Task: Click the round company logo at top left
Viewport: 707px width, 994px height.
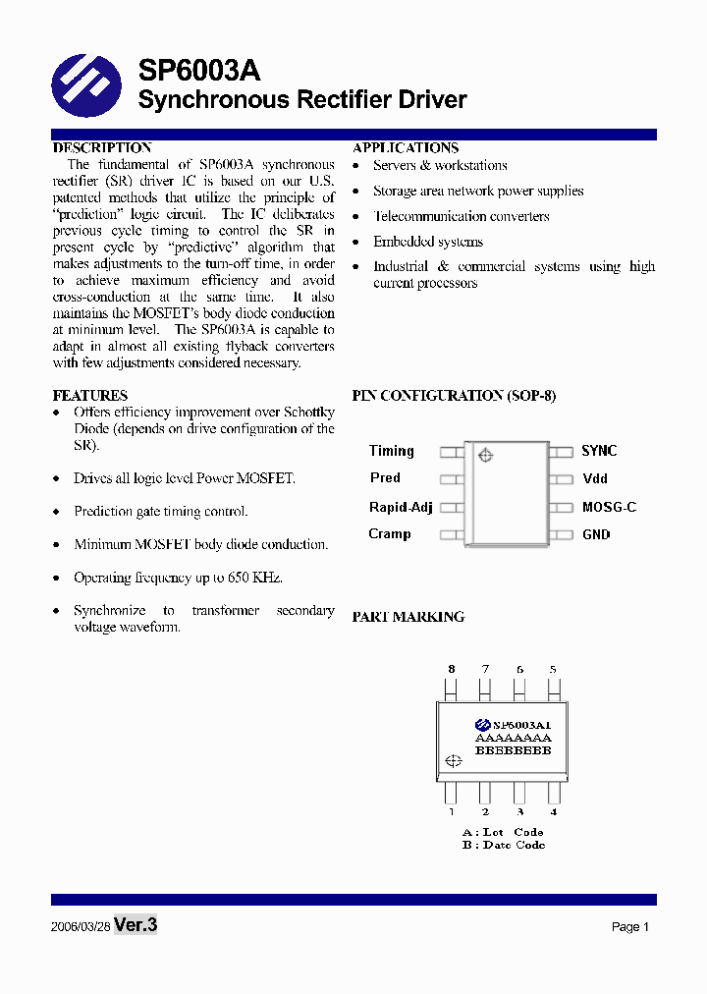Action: pyautogui.click(x=86, y=85)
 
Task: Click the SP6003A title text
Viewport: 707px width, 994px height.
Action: pyautogui.click(x=199, y=70)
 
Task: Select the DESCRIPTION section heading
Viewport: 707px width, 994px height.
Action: pyautogui.click(x=102, y=148)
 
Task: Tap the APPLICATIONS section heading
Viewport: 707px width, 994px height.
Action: pyautogui.click(x=406, y=148)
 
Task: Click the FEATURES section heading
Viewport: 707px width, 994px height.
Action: pyautogui.click(x=89, y=396)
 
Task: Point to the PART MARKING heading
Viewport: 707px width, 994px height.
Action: pyautogui.click(x=408, y=617)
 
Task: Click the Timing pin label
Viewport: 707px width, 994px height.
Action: pyautogui.click(x=392, y=451)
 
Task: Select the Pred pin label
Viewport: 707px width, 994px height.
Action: pyautogui.click(x=385, y=478)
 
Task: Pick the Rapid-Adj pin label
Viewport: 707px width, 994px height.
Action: pyautogui.click(x=401, y=507)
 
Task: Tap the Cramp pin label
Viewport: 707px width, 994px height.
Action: pyautogui.click(x=390, y=534)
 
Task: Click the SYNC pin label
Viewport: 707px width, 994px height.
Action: pyautogui.click(x=599, y=451)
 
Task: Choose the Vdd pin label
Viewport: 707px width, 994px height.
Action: pyautogui.click(x=595, y=478)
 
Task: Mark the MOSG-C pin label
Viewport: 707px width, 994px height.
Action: pyautogui.click(x=609, y=507)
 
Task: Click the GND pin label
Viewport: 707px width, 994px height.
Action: pyautogui.click(x=596, y=534)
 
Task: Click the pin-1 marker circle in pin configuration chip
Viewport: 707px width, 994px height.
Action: pyautogui.click(x=484, y=455)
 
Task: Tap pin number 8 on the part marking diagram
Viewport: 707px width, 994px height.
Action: pyautogui.click(x=452, y=669)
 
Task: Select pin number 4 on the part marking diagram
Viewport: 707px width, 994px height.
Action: pyautogui.click(x=554, y=812)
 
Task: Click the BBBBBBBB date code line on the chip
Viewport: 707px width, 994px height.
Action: pyautogui.click(x=513, y=750)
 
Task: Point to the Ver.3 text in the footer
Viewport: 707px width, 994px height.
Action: pyautogui.click(x=136, y=925)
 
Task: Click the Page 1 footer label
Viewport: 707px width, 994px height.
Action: pyautogui.click(x=630, y=927)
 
